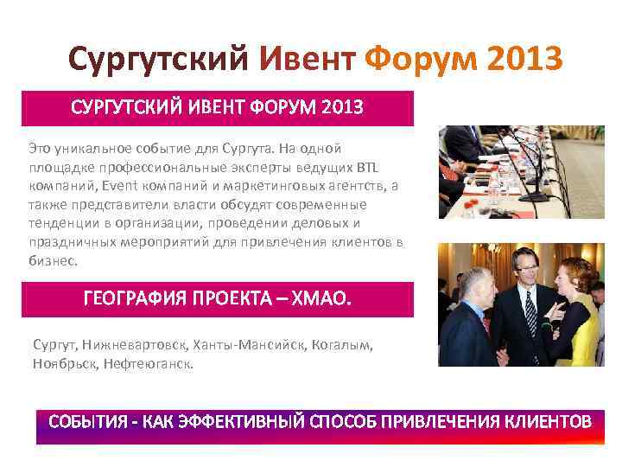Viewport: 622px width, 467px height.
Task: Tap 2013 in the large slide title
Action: (x=524, y=59)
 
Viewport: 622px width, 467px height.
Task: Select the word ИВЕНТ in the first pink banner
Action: (x=212, y=108)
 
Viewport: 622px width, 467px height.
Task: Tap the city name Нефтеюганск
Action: (x=148, y=364)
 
